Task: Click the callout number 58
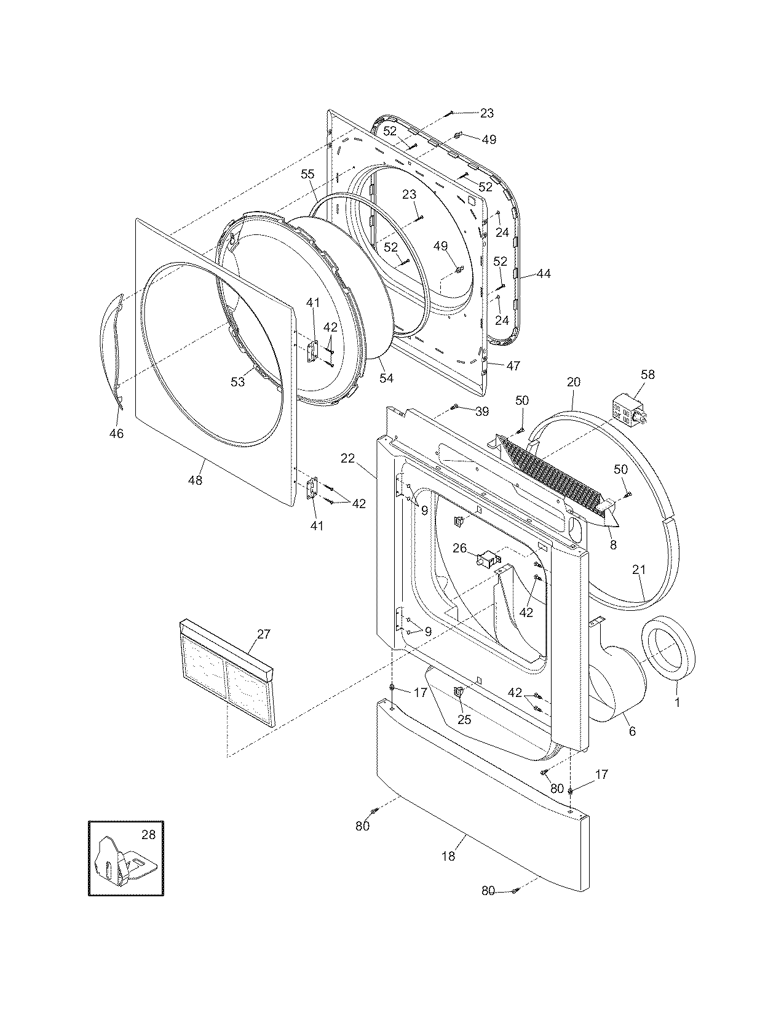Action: pos(630,374)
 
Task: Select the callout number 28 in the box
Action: pos(148,835)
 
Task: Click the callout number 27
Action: pos(263,634)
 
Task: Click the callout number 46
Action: pos(116,434)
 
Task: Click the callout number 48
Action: pos(195,480)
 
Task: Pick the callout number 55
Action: pos(307,174)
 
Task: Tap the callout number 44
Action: pos(544,274)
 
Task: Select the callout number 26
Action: pos(460,548)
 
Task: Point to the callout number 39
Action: pos(481,410)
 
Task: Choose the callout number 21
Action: pos(639,570)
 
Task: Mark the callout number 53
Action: pos(238,382)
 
